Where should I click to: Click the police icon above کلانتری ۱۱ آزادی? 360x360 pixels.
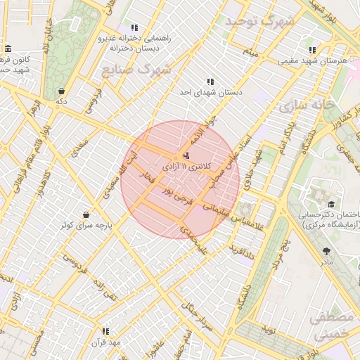tap(186, 155)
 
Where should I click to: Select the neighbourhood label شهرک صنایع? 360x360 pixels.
tap(146, 70)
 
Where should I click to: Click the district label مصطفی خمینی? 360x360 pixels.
tap(330, 326)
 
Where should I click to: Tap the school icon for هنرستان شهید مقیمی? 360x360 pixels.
tap(312, 50)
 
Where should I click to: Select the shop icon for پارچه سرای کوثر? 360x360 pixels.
tap(86, 214)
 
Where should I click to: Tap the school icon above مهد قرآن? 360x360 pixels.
tap(105, 331)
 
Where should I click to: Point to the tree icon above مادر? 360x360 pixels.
tap(326, 250)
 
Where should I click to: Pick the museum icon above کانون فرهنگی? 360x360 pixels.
tap(8, 49)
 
